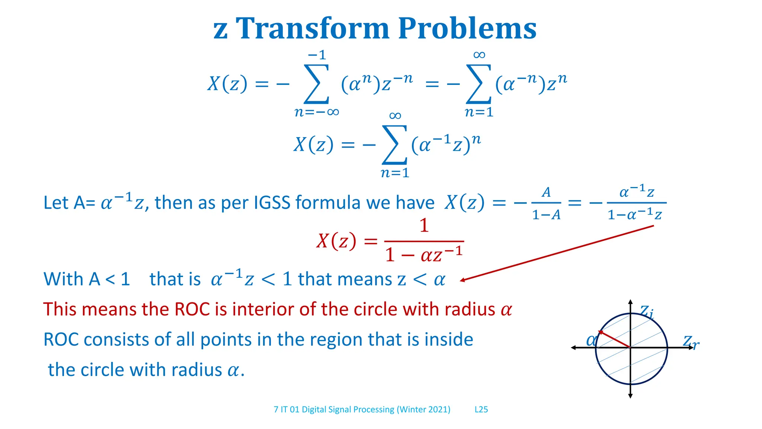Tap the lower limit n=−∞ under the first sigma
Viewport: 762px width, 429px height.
[x=317, y=112]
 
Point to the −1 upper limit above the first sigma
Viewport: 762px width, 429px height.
[x=317, y=55]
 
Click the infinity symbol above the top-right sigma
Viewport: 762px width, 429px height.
[x=479, y=55]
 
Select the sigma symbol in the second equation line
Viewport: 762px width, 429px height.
[x=394, y=145]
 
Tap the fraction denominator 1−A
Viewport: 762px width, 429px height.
[x=546, y=215]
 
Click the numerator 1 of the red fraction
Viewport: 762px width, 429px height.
[x=424, y=226]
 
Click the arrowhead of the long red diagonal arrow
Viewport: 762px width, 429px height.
[x=462, y=280]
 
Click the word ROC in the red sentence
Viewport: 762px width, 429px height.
[x=192, y=309]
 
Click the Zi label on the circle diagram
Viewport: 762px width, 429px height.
[x=647, y=312]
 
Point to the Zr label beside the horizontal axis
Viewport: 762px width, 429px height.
[x=691, y=341]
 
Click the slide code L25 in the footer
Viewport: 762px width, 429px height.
[x=481, y=410]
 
